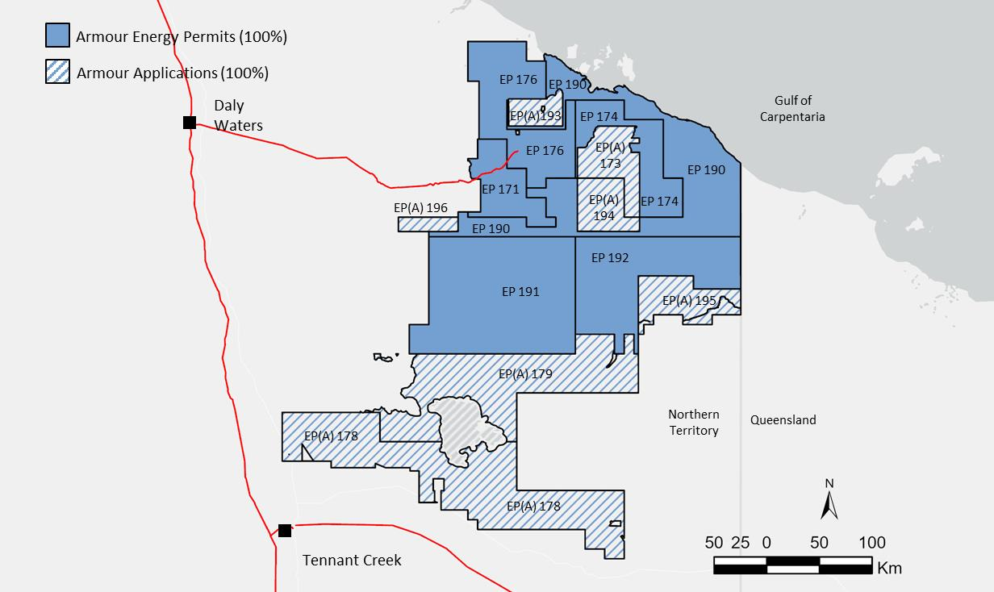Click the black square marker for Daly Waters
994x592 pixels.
[x=190, y=123]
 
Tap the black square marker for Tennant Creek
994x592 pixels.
[x=285, y=530]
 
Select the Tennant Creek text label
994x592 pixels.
[x=352, y=560]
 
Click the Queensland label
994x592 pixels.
[x=783, y=419]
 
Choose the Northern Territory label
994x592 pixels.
[x=693, y=422]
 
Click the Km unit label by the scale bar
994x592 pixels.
[x=889, y=568]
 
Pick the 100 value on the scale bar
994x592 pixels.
[x=871, y=543]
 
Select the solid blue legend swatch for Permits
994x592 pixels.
[x=57, y=35]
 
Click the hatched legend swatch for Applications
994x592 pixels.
[x=57, y=72]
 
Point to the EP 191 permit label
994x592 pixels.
[x=520, y=292]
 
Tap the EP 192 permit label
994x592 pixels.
[x=610, y=258]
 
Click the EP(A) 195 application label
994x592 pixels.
[x=688, y=301]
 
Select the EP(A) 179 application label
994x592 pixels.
[x=525, y=374]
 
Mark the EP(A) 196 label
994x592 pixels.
[x=420, y=208]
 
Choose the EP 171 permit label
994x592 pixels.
[x=500, y=190]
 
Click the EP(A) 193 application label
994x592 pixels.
[x=535, y=116]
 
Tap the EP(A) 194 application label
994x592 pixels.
[x=603, y=207]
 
